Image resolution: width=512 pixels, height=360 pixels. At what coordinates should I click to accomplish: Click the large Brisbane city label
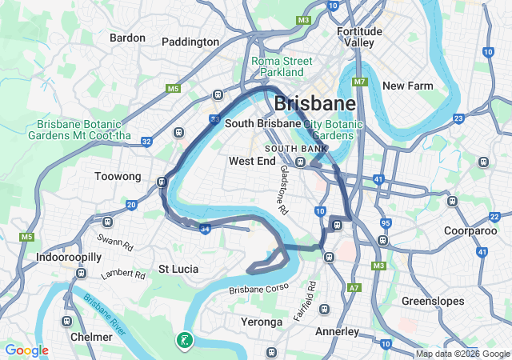point(314,103)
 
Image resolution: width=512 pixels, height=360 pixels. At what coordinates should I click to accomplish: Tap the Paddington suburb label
point(190,42)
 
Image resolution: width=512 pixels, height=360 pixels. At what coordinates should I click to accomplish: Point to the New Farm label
point(407,86)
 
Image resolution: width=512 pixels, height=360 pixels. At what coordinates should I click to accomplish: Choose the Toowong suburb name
point(118,177)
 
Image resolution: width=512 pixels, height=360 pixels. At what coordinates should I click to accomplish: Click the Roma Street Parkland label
point(278,66)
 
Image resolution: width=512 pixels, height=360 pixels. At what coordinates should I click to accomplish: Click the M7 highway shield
point(360,82)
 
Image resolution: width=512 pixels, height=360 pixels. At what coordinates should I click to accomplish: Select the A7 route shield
point(354,287)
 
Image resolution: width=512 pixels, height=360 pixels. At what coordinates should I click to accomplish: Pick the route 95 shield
point(386,223)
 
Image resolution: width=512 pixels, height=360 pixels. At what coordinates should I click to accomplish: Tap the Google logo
point(26,350)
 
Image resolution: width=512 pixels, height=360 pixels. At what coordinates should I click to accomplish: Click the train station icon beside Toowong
point(162,182)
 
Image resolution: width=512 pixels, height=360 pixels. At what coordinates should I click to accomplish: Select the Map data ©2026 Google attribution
point(462,354)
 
